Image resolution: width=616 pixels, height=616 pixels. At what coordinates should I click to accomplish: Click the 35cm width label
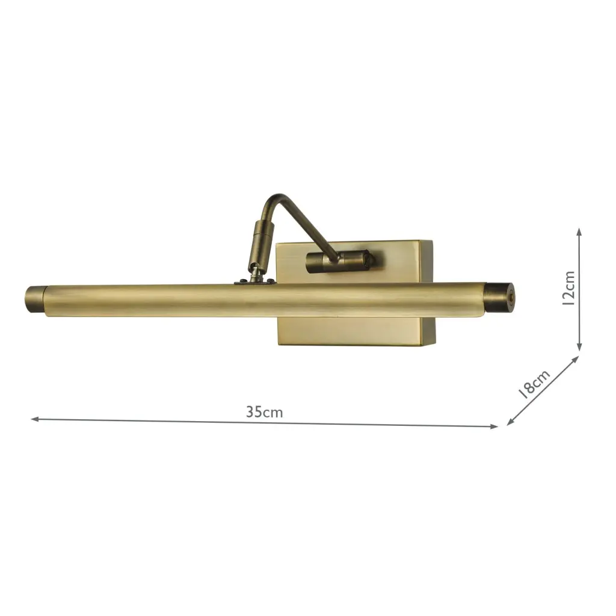coord(264,412)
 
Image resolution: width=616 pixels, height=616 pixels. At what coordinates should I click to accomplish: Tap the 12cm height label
coord(568,288)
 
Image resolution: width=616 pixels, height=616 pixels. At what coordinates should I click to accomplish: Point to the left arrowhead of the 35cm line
coord(34,419)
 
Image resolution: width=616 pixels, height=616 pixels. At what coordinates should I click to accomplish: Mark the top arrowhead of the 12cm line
coord(579,231)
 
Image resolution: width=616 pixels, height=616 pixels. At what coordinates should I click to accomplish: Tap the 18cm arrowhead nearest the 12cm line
coord(576,359)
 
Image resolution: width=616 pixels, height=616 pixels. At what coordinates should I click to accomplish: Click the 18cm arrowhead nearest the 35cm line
coord(510,422)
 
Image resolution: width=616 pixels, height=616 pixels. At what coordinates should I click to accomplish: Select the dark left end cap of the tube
coord(35,299)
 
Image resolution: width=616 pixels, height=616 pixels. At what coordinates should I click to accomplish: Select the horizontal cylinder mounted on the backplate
coord(340,260)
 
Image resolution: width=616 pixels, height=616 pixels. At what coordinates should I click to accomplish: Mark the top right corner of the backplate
coord(431,241)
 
